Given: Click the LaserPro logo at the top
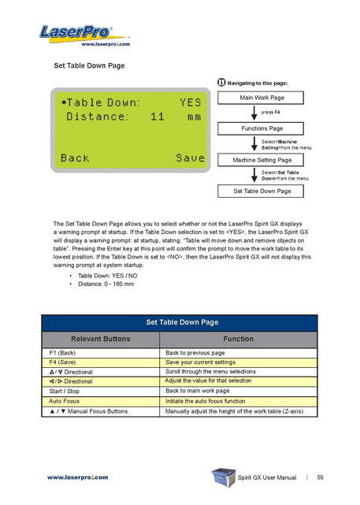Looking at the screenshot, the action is click(84, 36).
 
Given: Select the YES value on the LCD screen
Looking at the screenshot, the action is click(190, 102).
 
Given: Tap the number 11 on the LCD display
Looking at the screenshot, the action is click(158, 117).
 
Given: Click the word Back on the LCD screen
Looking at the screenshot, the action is click(75, 158).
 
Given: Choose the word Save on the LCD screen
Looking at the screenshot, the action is click(190, 158).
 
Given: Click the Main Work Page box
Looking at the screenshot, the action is click(261, 98).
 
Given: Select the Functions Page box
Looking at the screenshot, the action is click(261, 128).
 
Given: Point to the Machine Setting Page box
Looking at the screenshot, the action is click(261, 160).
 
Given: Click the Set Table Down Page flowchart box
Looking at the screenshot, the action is click(261, 191).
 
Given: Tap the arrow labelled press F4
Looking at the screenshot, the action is click(254, 113).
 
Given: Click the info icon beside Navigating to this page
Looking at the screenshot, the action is click(221, 83).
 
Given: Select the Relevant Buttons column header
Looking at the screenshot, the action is click(101, 339).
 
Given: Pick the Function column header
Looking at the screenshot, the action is click(238, 339).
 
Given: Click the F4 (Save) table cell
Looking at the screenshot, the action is click(101, 362).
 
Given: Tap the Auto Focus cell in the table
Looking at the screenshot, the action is click(101, 401).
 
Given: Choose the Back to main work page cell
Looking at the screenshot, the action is click(238, 391).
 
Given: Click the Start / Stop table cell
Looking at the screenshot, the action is click(101, 392).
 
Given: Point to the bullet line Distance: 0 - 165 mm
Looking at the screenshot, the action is click(106, 284).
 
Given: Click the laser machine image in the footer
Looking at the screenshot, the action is click(224, 477).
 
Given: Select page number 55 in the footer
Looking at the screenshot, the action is click(320, 477).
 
